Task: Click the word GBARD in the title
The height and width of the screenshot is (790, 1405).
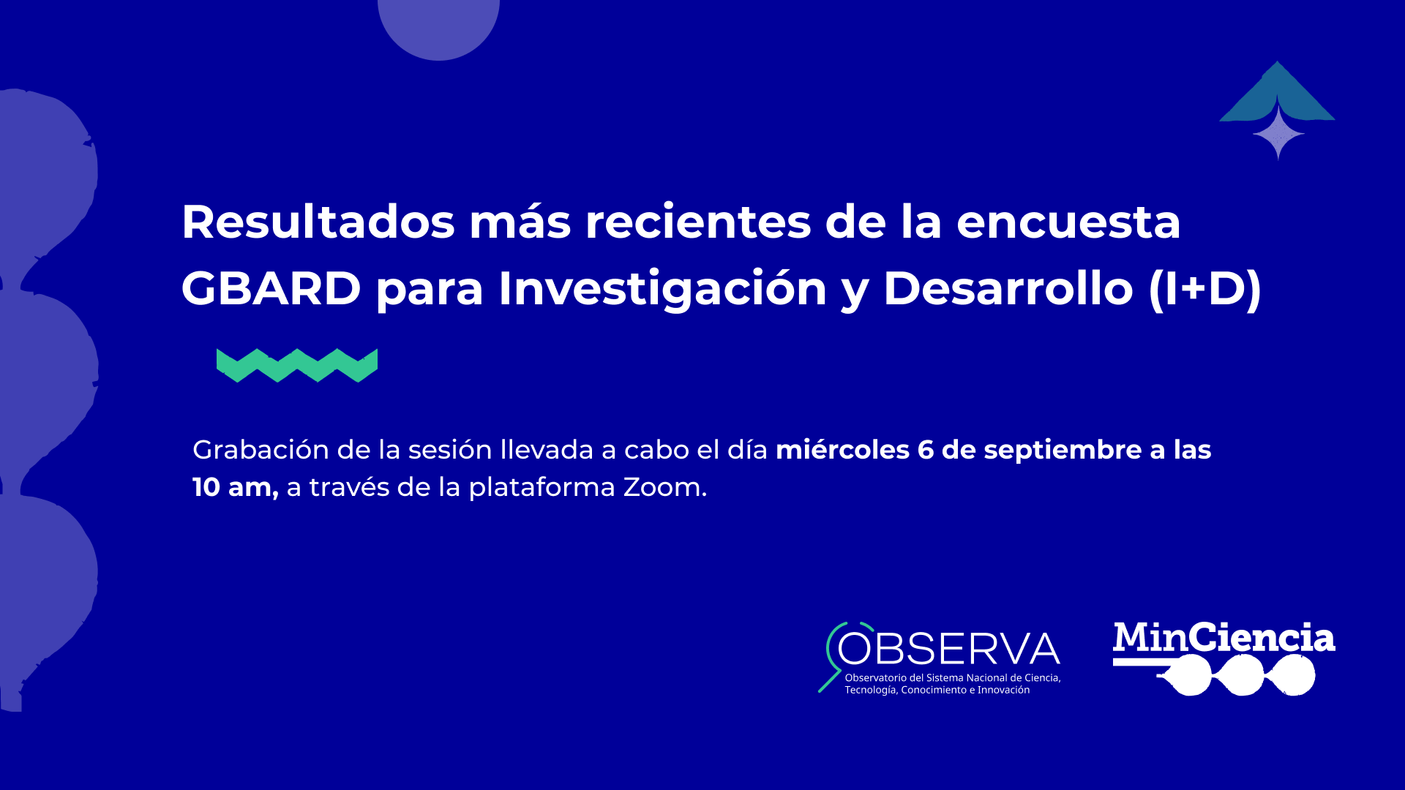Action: [x=271, y=288]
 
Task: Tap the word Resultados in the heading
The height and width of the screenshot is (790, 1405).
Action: [x=318, y=221]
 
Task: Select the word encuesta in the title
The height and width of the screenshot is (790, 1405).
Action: [x=1068, y=222]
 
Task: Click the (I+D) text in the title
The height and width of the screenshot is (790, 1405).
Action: [x=1204, y=289]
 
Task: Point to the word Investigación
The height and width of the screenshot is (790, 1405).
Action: [x=662, y=288]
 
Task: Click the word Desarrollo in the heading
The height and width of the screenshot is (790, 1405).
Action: [x=1008, y=288]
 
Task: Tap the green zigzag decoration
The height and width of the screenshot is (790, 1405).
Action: [x=297, y=366]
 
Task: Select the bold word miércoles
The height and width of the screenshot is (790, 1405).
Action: [x=842, y=449]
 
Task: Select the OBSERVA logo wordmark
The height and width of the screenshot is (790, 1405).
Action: [x=948, y=649]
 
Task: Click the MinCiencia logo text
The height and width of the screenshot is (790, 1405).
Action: [x=1224, y=638]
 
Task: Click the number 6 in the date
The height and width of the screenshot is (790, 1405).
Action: [x=926, y=450]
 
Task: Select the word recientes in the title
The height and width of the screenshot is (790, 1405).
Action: [x=698, y=222]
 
